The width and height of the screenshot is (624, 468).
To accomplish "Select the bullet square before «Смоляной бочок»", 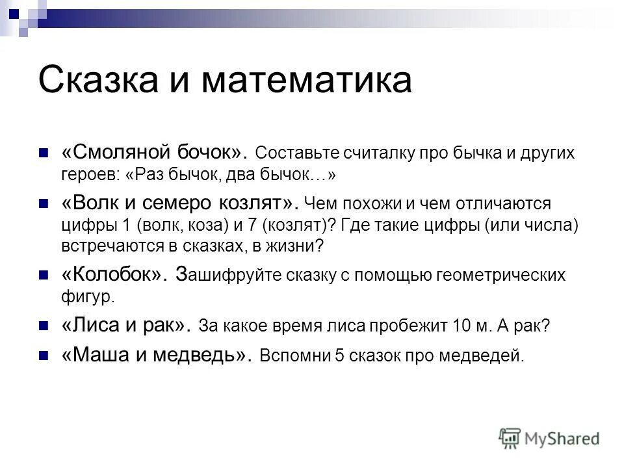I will pos(44,154).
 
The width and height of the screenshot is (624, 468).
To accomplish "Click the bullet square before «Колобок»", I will pos(44,275).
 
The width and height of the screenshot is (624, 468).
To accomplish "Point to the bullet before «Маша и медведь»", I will pos(44,356).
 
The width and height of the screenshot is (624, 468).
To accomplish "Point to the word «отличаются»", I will pos(498,204).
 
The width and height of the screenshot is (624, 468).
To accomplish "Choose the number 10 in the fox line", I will pos(464,326).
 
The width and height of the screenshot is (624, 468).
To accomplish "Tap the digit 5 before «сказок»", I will pos(339,356).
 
